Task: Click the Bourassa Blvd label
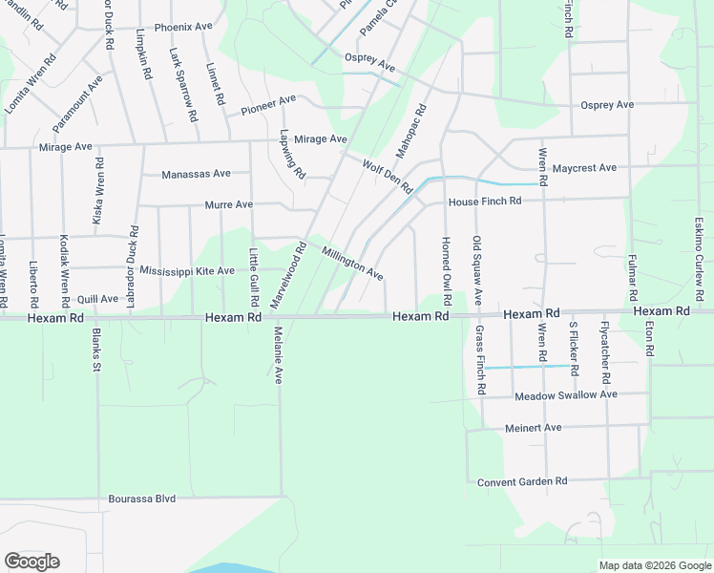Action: (x=142, y=499)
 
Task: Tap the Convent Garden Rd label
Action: (x=522, y=481)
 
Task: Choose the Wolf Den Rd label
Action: (x=387, y=177)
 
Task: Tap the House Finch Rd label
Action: (x=485, y=202)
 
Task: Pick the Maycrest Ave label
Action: (x=585, y=168)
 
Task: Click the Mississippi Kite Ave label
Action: (x=187, y=271)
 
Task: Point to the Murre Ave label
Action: (x=229, y=204)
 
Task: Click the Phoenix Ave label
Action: (x=183, y=27)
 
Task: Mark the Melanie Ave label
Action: (x=279, y=355)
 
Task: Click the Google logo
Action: (x=31, y=562)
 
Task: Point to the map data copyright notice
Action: (x=654, y=565)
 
